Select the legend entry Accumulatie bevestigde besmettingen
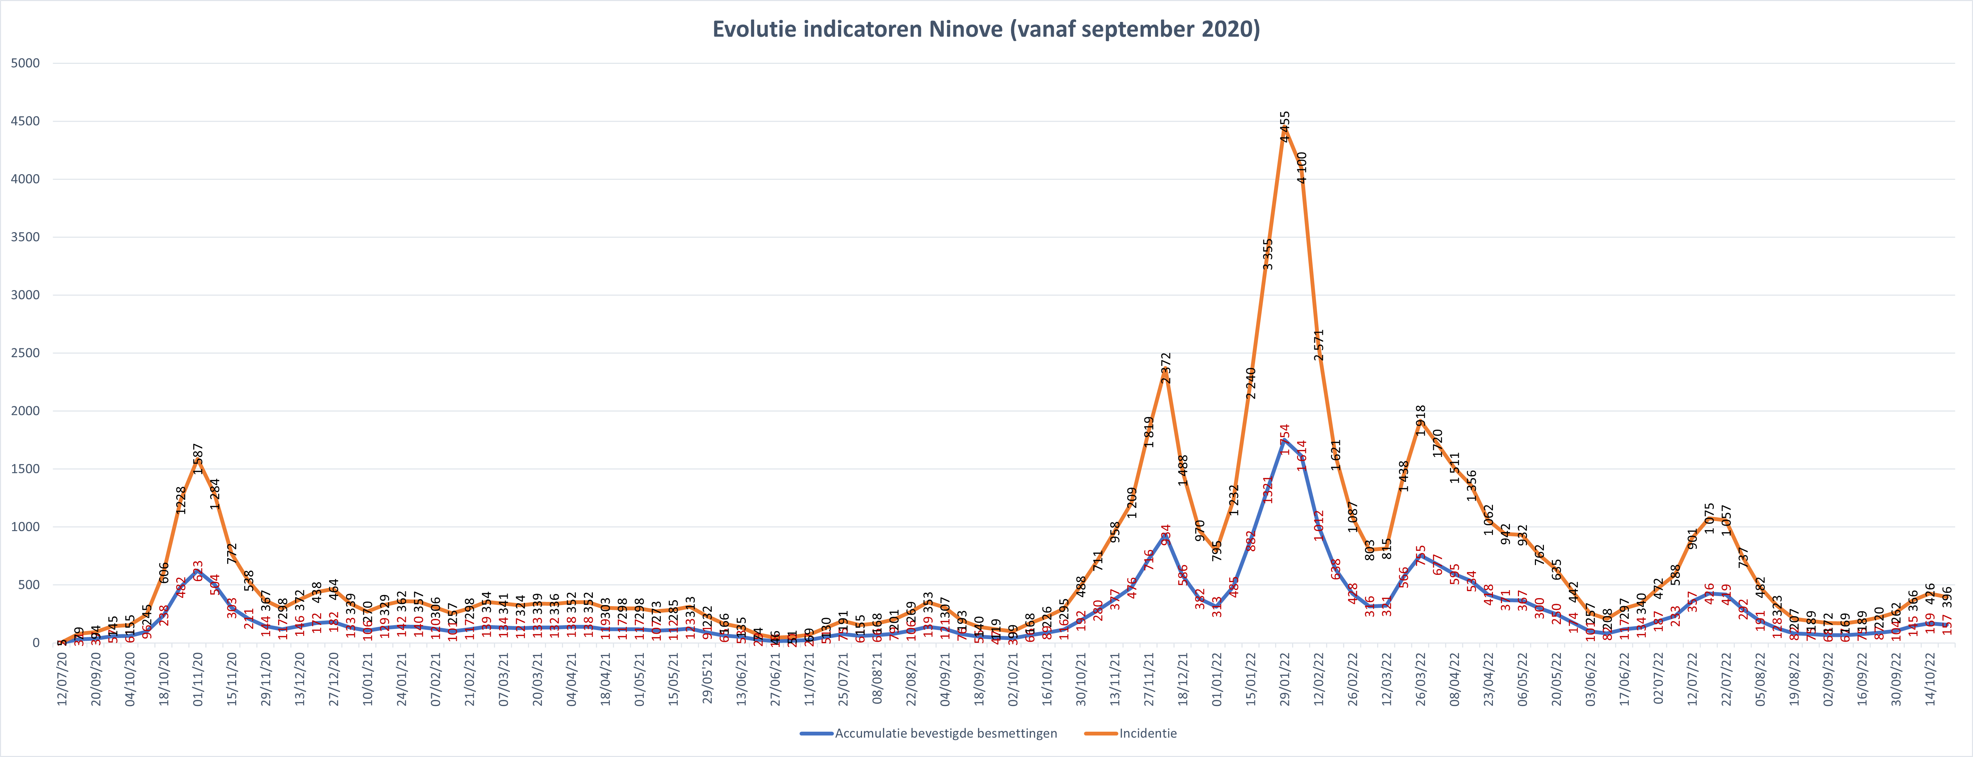(x=945, y=733)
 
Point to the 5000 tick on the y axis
(x=25, y=63)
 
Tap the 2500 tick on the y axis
(x=25, y=353)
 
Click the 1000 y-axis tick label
(x=25, y=527)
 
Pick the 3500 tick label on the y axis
(x=25, y=237)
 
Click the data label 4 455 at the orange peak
(x=1285, y=126)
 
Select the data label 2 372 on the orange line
(x=1166, y=368)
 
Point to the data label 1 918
(x=1421, y=420)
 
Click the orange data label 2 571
(x=1318, y=345)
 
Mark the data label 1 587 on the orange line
(x=198, y=458)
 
